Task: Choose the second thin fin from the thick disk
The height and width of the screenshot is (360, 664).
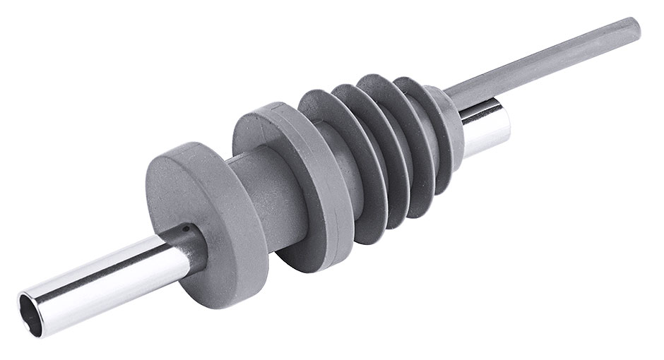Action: pyautogui.click(x=367, y=134)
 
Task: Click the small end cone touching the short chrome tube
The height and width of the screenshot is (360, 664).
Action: pyautogui.click(x=445, y=120)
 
